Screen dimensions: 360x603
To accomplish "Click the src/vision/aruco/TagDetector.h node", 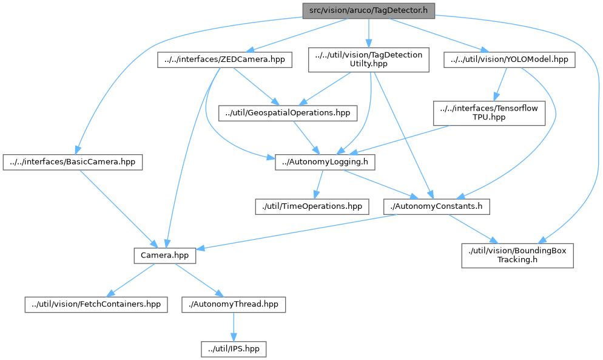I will [x=368, y=10].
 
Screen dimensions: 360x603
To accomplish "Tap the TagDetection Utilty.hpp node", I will [x=368, y=59].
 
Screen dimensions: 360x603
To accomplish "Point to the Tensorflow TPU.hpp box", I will [x=488, y=112].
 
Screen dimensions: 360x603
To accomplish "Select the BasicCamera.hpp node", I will [x=73, y=162].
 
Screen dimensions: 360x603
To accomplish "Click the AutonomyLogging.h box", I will [x=325, y=162].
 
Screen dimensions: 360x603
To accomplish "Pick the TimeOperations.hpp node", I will [x=311, y=206].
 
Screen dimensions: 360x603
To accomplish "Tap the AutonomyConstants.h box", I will [x=437, y=206].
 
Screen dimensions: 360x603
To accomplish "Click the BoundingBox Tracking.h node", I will [x=517, y=255].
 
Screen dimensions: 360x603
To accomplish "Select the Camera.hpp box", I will [x=164, y=255].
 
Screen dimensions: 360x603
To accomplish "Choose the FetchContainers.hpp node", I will [x=96, y=304].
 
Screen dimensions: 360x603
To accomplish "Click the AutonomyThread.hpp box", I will [x=233, y=304].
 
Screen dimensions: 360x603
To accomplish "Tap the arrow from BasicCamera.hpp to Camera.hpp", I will [x=120, y=209].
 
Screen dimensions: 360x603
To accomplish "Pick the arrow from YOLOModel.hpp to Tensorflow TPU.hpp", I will [x=500, y=83].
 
